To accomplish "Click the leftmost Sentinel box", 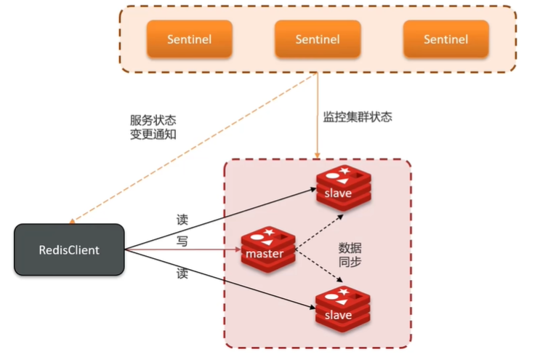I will tap(190, 39).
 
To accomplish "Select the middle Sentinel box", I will tap(318, 39).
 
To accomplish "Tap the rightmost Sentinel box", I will tap(446, 39).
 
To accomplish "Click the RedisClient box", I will tap(69, 249).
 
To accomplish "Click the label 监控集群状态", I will tap(358, 116).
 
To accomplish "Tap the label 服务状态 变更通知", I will tap(153, 127).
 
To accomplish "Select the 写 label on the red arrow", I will tap(182, 241).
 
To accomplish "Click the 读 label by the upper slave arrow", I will tap(182, 218).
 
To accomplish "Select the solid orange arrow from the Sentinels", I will tap(318, 116).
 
